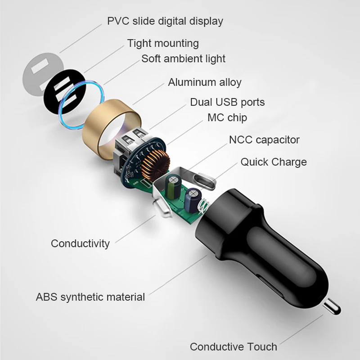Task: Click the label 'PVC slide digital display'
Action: pyautogui.click(x=165, y=21)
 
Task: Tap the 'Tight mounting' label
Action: pyautogui.click(x=163, y=43)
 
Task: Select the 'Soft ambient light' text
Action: pyautogui.click(x=183, y=58)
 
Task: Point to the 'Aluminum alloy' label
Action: pyautogui.click(x=205, y=82)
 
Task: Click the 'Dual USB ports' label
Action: pyautogui.click(x=227, y=102)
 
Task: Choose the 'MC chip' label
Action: pyautogui.click(x=227, y=117)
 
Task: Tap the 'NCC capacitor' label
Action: pyautogui.click(x=264, y=140)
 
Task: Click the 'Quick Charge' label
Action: pyautogui.click(x=274, y=162)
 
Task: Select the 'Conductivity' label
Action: pyautogui.click(x=80, y=243)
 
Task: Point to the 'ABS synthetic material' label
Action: pyautogui.click(x=90, y=297)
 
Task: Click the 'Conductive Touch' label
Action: pyautogui.click(x=233, y=346)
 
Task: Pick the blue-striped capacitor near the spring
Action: pyautogui.click(x=193, y=200)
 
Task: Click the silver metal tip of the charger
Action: pyautogui.click(x=332, y=306)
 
